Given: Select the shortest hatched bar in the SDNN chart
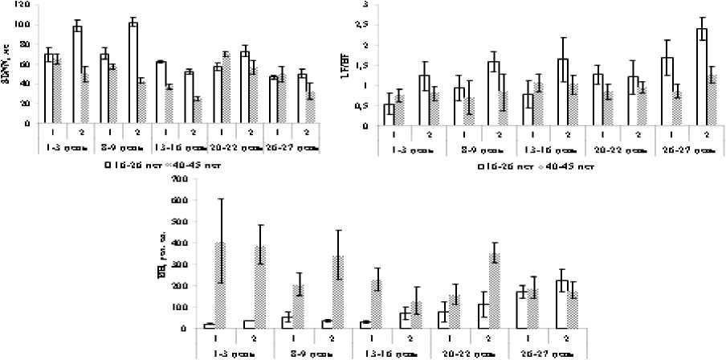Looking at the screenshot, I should coord(197,112).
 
